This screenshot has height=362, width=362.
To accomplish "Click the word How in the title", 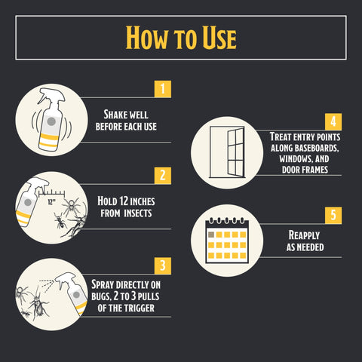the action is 147,37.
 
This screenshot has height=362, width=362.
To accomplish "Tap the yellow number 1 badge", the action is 163,89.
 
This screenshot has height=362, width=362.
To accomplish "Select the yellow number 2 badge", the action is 163,176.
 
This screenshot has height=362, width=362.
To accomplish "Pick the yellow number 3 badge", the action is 163,265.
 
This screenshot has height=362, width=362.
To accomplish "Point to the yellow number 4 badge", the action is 333,121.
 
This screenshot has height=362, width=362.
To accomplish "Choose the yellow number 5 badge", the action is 333,215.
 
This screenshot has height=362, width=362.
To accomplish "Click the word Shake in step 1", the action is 115,115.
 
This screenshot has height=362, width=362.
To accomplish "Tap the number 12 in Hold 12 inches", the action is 124,201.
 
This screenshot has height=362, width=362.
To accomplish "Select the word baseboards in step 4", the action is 317,148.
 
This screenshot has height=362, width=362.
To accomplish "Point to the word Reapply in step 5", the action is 304,235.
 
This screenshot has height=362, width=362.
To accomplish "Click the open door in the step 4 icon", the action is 236,152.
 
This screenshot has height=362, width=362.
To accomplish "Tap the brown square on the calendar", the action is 211,235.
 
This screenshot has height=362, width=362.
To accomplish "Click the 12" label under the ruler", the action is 51,201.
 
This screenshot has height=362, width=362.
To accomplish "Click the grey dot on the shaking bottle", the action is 51,121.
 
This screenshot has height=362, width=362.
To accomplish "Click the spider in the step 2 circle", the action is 72,206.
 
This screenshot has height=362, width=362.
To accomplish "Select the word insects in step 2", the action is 138,213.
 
